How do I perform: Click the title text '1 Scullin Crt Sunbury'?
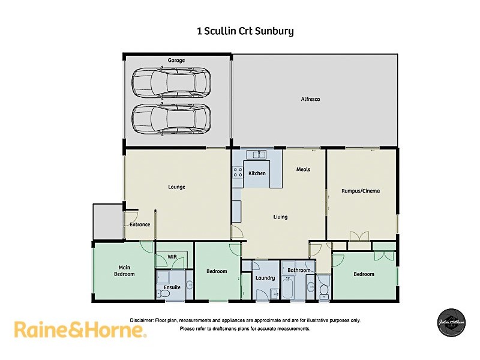(x=245, y=31)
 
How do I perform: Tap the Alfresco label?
(x=310, y=99)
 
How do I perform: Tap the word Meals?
(x=303, y=169)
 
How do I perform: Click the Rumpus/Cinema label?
(x=361, y=191)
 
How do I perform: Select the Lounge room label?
(x=176, y=187)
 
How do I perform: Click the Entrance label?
(x=140, y=224)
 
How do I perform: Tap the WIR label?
(x=172, y=257)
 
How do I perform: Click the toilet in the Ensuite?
(x=188, y=286)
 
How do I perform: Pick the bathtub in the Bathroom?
(x=287, y=289)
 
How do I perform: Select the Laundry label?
(x=265, y=278)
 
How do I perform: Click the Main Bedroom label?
(x=125, y=271)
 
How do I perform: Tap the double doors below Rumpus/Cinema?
(x=359, y=236)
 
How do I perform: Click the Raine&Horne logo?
(x=80, y=330)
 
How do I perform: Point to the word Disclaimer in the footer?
(x=142, y=320)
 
